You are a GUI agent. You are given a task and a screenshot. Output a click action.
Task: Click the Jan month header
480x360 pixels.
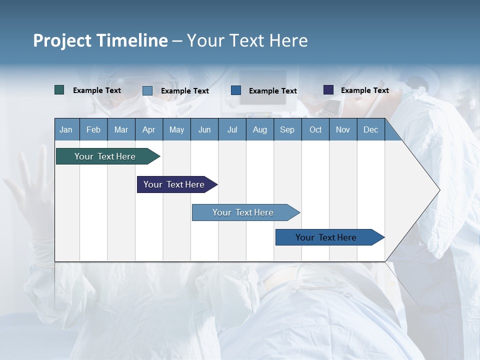(x=66, y=129)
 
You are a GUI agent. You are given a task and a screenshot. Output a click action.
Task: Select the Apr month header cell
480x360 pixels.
(x=148, y=129)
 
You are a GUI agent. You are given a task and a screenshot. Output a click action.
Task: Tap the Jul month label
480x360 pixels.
(x=232, y=129)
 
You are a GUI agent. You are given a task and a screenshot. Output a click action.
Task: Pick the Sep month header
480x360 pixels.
(x=287, y=129)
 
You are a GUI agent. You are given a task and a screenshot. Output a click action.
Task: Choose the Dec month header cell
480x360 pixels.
(x=370, y=129)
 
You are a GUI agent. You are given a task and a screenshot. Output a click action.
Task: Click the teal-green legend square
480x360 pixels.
(x=59, y=90)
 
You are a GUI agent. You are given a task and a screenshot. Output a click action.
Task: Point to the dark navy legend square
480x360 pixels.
(x=328, y=90)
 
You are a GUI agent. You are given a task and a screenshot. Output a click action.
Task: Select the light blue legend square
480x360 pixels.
(x=147, y=90)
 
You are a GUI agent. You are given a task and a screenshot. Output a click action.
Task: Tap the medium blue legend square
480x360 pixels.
(x=236, y=90)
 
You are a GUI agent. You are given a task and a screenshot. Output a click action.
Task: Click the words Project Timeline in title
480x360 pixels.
(x=100, y=40)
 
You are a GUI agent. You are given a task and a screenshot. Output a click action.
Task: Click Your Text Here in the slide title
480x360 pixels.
(x=247, y=40)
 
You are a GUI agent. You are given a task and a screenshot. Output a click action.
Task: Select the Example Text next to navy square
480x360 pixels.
(x=364, y=90)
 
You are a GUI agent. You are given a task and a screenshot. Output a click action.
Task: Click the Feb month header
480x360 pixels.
(x=93, y=129)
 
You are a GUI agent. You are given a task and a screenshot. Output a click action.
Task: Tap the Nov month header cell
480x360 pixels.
(x=342, y=129)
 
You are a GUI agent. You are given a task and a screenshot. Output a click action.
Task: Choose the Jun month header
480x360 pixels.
(x=204, y=129)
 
